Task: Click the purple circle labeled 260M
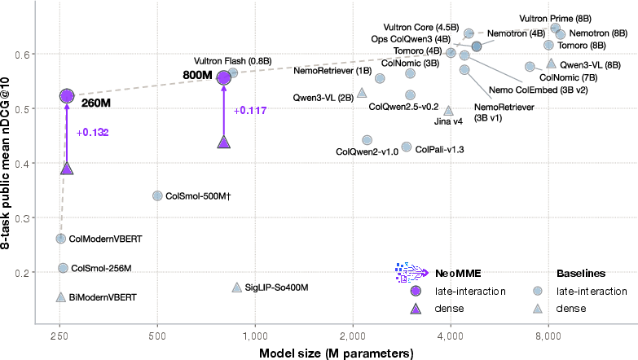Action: [x=67, y=96]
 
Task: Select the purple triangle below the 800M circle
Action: [x=224, y=143]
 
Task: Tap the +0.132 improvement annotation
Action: [x=92, y=133]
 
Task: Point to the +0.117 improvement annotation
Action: [x=250, y=110]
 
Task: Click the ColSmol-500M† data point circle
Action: [x=157, y=195]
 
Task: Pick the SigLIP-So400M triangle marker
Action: [x=237, y=288]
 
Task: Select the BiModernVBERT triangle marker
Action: [x=60, y=297]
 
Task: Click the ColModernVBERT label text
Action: [x=105, y=239]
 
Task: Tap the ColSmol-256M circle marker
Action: [x=63, y=268]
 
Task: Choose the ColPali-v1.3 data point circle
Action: [x=406, y=147]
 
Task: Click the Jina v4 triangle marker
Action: [x=448, y=110]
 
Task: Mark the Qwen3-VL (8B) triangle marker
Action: [x=551, y=63]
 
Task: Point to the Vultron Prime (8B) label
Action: [x=555, y=19]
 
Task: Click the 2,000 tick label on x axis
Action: [x=353, y=336]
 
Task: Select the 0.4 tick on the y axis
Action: [x=21, y=164]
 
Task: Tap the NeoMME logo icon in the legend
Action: [x=411, y=273]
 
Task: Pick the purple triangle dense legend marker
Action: [x=416, y=309]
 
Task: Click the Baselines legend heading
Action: [x=581, y=274]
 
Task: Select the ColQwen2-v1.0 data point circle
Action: [x=367, y=140]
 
